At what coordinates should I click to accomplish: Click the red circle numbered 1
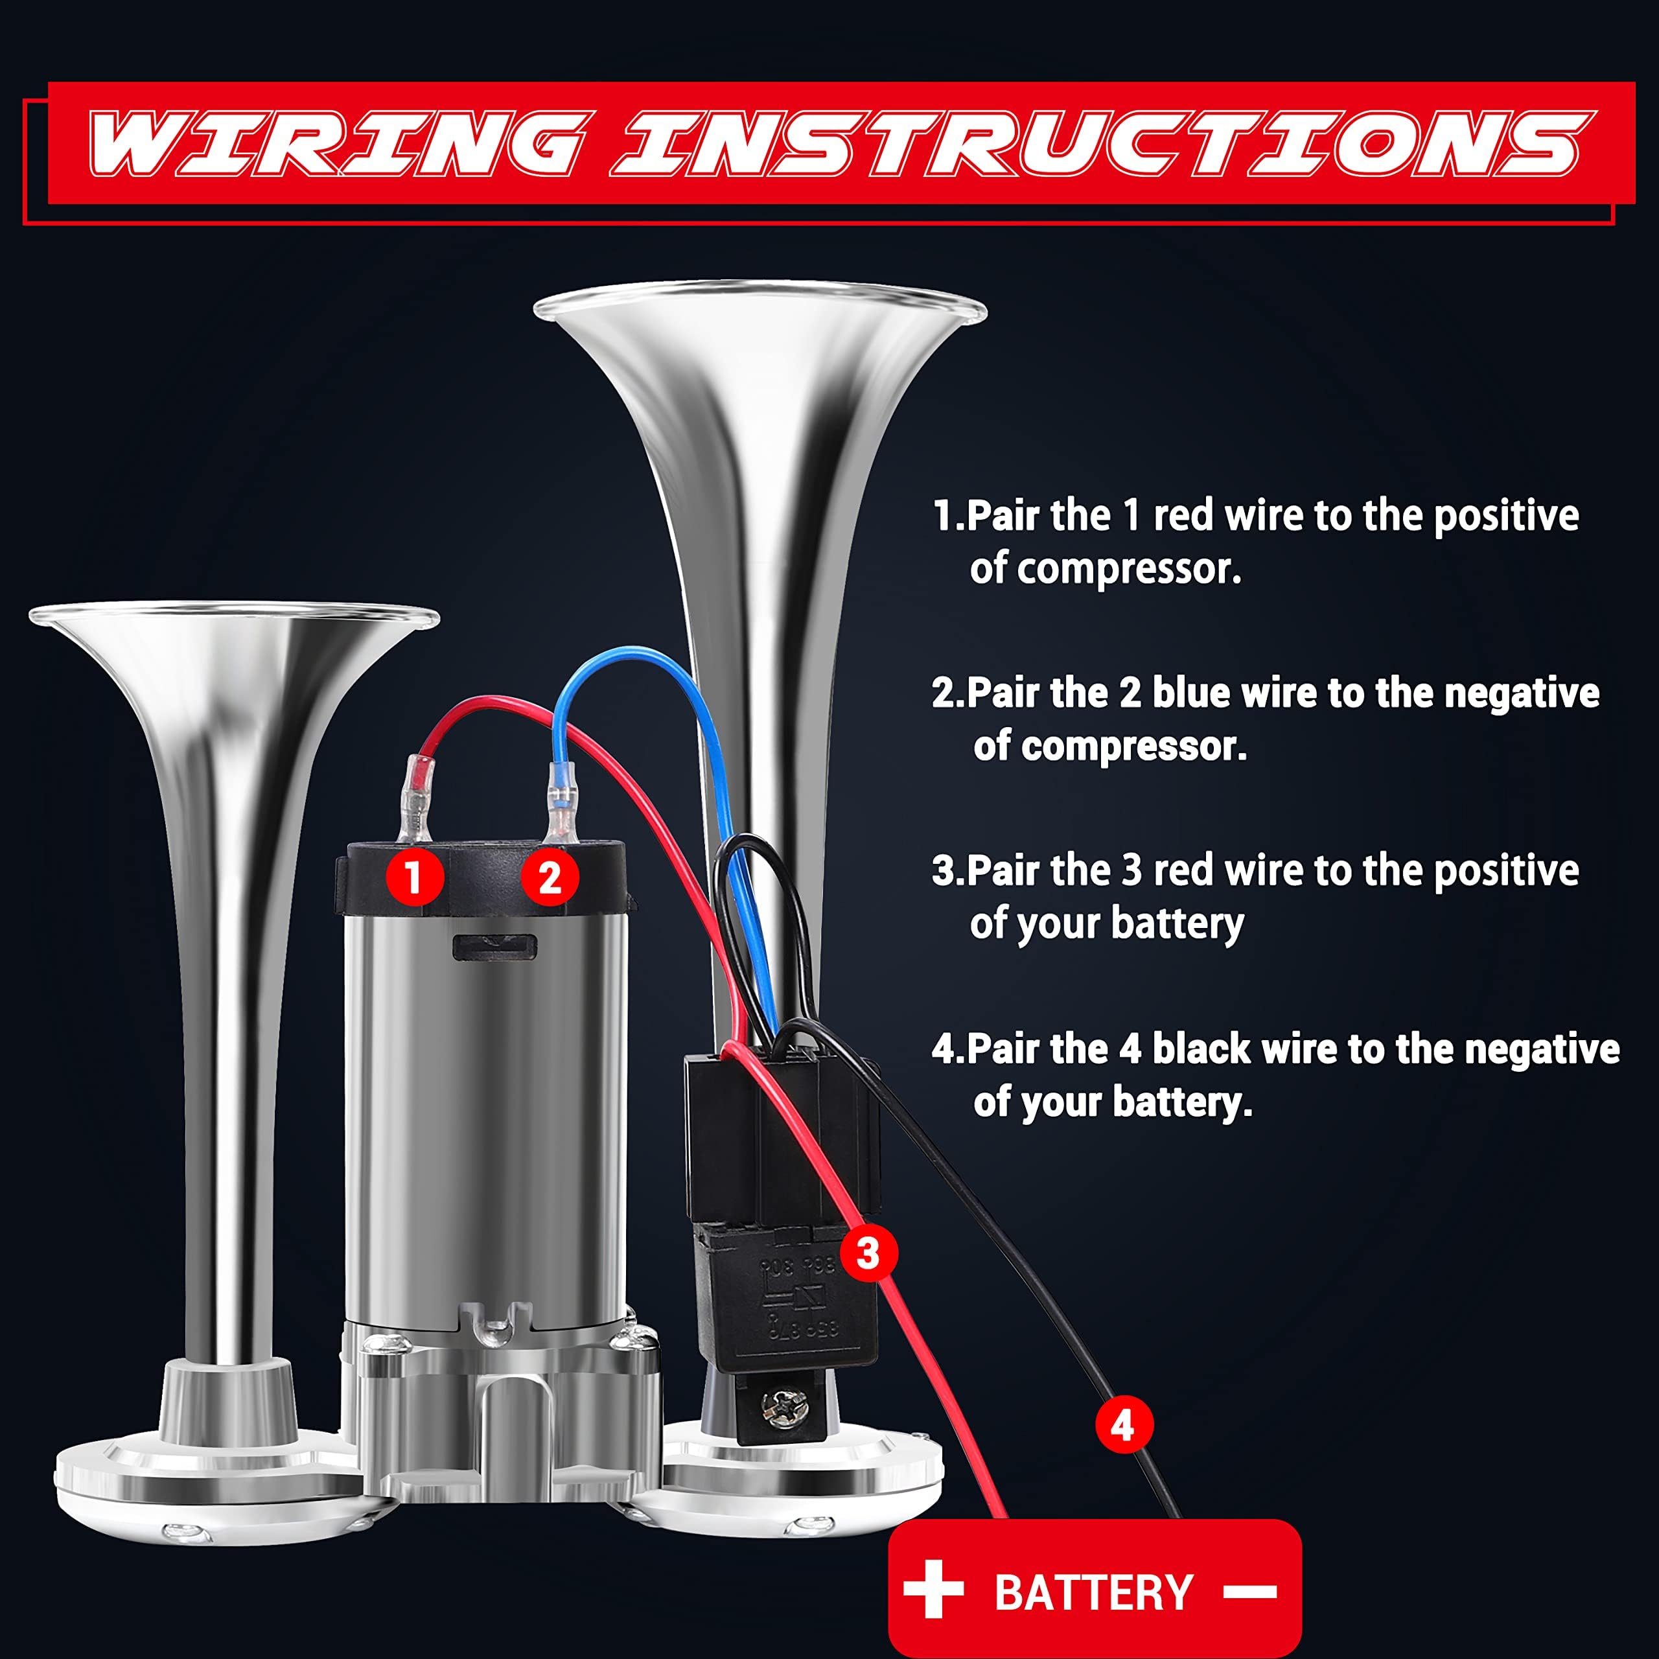point(414,877)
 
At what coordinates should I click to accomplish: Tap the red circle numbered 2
point(550,877)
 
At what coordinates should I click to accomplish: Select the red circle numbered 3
point(868,1253)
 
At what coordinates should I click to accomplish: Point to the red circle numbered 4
point(1122,1426)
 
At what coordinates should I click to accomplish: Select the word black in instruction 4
point(1201,1049)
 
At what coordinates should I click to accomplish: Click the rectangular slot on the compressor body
point(494,946)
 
